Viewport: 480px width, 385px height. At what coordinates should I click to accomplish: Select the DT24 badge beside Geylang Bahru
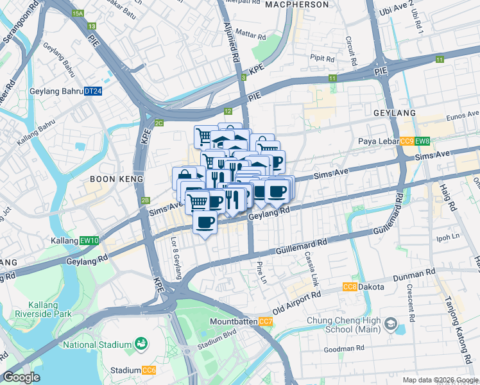click(93, 91)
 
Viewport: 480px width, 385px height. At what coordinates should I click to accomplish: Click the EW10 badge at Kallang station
click(89, 241)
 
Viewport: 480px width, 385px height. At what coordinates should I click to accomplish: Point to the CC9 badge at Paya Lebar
click(407, 142)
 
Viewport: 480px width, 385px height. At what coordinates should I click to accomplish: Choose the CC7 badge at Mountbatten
click(266, 321)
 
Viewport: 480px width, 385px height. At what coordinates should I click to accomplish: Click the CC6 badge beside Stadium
click(149, 370)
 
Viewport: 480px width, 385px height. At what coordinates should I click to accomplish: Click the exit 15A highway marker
click(78, 13)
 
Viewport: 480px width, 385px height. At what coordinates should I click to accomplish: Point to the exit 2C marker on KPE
click(159, 123)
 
